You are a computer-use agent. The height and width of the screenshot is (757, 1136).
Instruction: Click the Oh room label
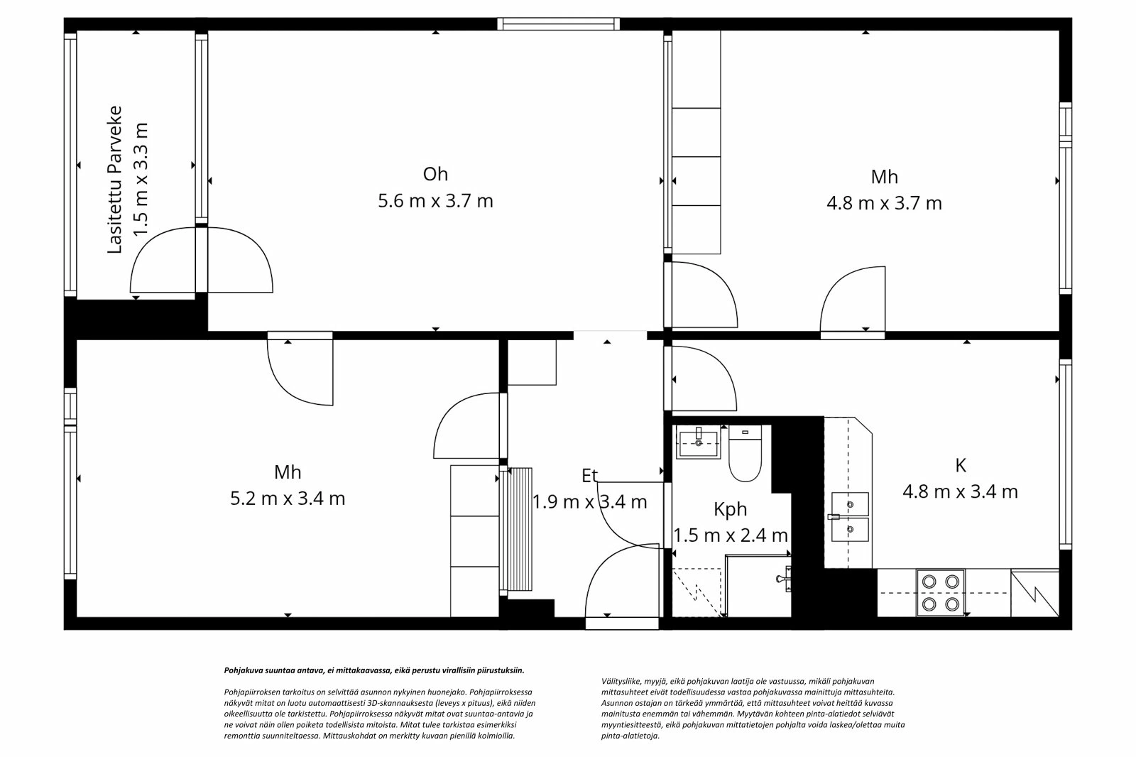pos(435,174)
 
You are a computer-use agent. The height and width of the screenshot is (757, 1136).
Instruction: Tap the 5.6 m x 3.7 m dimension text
pos(435,201)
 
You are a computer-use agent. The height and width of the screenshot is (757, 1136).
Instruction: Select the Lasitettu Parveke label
pos(115,180)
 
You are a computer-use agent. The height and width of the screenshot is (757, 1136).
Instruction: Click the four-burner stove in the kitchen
pos(940,592)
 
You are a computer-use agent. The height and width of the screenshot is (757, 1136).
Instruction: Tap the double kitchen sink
pos(849,516)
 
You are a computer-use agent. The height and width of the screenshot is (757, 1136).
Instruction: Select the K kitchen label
pos(960,465)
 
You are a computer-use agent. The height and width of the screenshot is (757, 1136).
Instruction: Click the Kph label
pos(730,509)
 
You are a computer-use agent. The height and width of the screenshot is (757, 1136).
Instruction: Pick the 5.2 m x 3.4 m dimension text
pos(288,499)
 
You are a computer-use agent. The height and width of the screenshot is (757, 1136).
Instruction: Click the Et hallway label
pos(589,476)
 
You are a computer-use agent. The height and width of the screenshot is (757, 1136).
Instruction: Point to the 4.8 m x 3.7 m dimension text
pos(884,203)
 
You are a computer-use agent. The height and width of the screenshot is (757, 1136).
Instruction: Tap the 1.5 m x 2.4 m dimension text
pos(730,535)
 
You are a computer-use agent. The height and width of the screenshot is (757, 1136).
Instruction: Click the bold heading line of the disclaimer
pos(374,670)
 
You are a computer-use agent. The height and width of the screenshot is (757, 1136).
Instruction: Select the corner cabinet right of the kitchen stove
pos(1034,592)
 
